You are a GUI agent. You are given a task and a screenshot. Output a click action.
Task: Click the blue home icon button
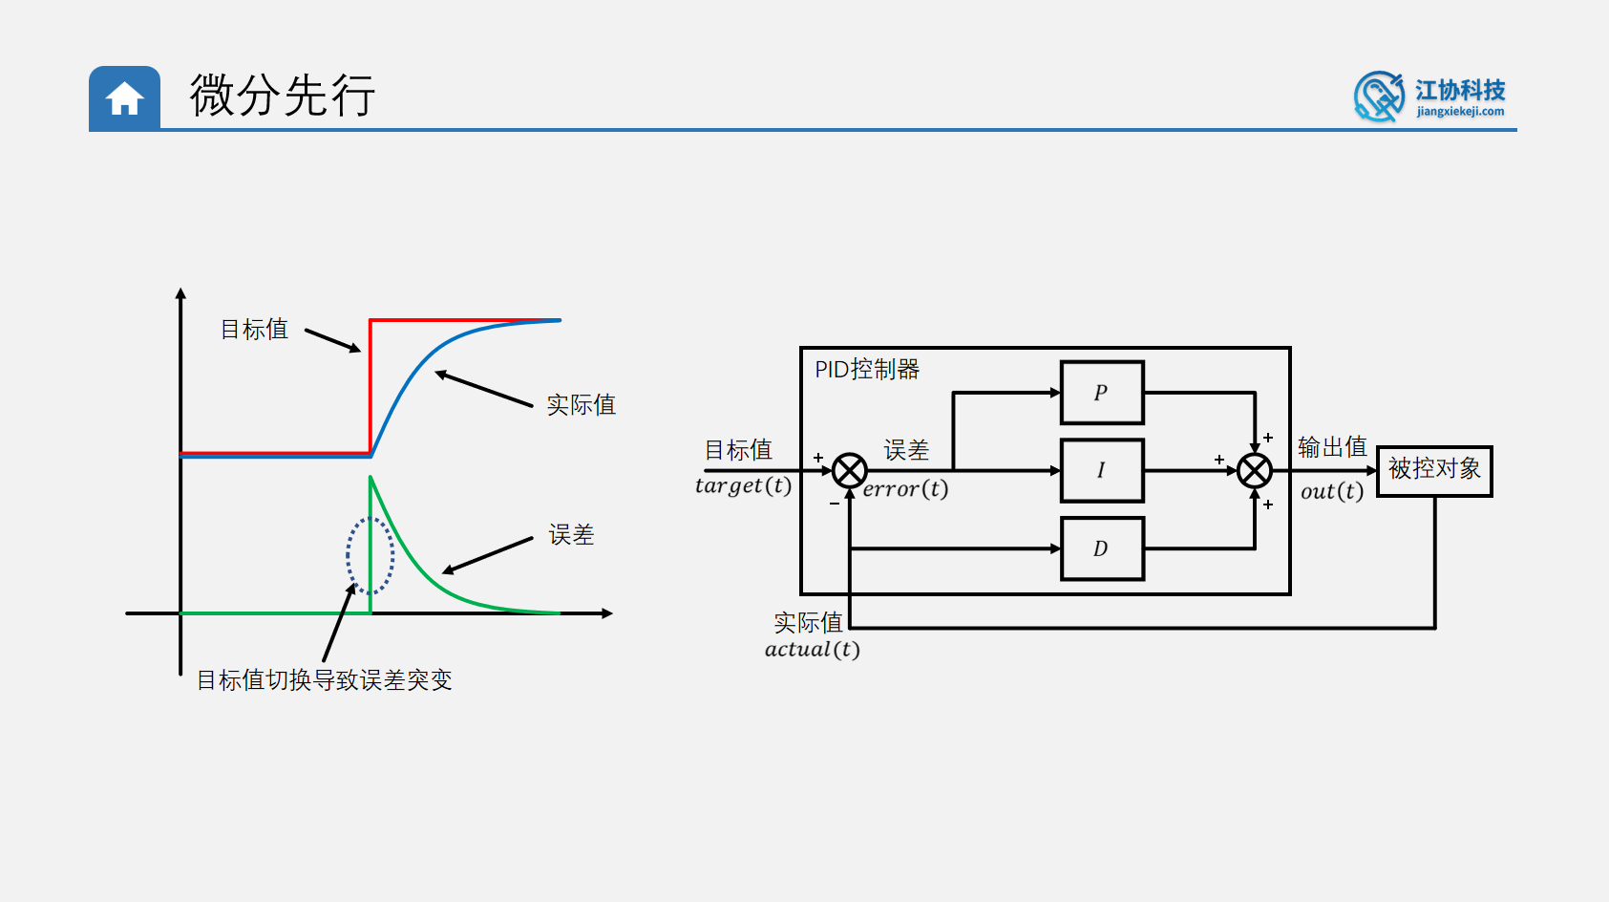124,97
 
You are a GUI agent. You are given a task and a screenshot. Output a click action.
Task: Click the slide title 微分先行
282,96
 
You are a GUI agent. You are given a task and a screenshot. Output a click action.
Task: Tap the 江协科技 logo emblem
1378,97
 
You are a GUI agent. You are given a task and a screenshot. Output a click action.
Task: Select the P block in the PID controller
1102,393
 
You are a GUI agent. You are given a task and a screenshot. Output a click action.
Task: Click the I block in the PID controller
1102,470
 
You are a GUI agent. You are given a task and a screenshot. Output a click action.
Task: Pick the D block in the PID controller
1102,548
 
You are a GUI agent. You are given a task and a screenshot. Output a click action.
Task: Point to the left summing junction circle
849,471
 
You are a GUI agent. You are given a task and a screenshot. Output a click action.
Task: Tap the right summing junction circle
1254,470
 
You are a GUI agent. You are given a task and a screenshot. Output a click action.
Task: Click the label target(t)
743,486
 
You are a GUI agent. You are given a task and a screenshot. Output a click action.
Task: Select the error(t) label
905,489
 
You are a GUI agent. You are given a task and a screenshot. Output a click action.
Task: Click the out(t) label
1332,491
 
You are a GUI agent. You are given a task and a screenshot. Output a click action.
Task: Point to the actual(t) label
812,650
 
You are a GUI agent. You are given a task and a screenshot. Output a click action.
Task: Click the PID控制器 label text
866,370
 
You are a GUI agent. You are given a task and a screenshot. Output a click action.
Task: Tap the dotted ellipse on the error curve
370,555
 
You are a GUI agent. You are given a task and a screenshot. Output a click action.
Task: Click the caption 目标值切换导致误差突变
324,680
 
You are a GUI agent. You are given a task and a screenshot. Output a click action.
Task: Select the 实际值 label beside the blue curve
581,405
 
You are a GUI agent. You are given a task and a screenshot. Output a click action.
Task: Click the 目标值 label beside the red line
254,330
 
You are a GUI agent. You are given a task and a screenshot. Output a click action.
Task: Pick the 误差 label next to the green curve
571,535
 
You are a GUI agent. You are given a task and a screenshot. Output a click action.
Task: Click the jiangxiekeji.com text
1460,112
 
